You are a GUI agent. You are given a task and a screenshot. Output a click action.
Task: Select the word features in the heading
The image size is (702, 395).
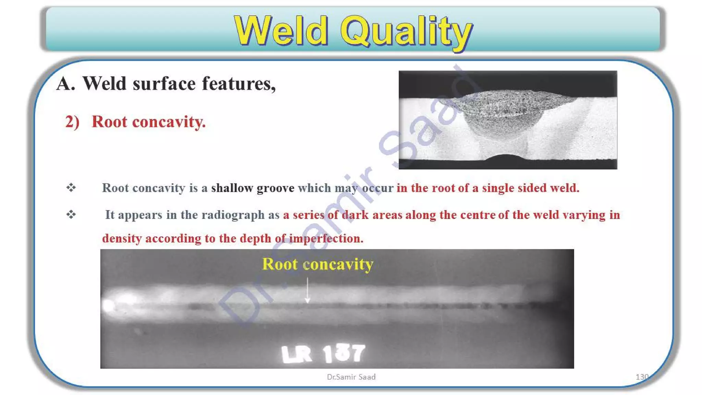pyautogui.click(x=239, y=84)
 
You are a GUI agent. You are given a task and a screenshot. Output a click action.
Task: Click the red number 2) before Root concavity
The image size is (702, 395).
pyautogui.click(x=72, y=122)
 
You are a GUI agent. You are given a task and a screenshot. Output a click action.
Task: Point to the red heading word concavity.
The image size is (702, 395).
pyautogui.click(x=169, y=122)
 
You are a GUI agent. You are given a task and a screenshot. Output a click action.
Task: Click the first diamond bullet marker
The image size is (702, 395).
pyautogui.click(x=71, y=188)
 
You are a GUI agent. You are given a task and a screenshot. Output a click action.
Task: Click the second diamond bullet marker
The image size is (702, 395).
pyautogui.click(x=71, y=215)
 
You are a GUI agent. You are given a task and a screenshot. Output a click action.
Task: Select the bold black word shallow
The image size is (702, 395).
pyautogui.click(x=232, y=188)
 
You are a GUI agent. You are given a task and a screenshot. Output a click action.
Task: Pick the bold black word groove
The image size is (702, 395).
pyautogui.click(x=275, y=188)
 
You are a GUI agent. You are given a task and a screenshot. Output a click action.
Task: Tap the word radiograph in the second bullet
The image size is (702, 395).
pyautogui.click(x=233, y=215)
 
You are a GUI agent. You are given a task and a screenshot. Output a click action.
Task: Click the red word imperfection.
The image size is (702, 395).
pyautogui.click(x=326, y=238)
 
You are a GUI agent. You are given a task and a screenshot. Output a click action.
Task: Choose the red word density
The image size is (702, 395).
pyautogui.click(x=122, y=239)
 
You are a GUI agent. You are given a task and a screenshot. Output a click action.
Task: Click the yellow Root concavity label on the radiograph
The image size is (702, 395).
pyautogui.click(x=317, y=264)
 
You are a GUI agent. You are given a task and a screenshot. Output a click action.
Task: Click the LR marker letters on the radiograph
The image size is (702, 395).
pyautogui.click(x=296, y=354)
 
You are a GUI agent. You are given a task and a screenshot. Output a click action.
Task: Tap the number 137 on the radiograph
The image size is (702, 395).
pyautogui.click(x=344, y=353)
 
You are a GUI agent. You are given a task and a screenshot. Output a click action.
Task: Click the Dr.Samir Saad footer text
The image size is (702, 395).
pyautogui.click(x=351, y=377)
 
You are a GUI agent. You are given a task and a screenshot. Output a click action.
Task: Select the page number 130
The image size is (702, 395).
pyautogui.click(x=642, y=377)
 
